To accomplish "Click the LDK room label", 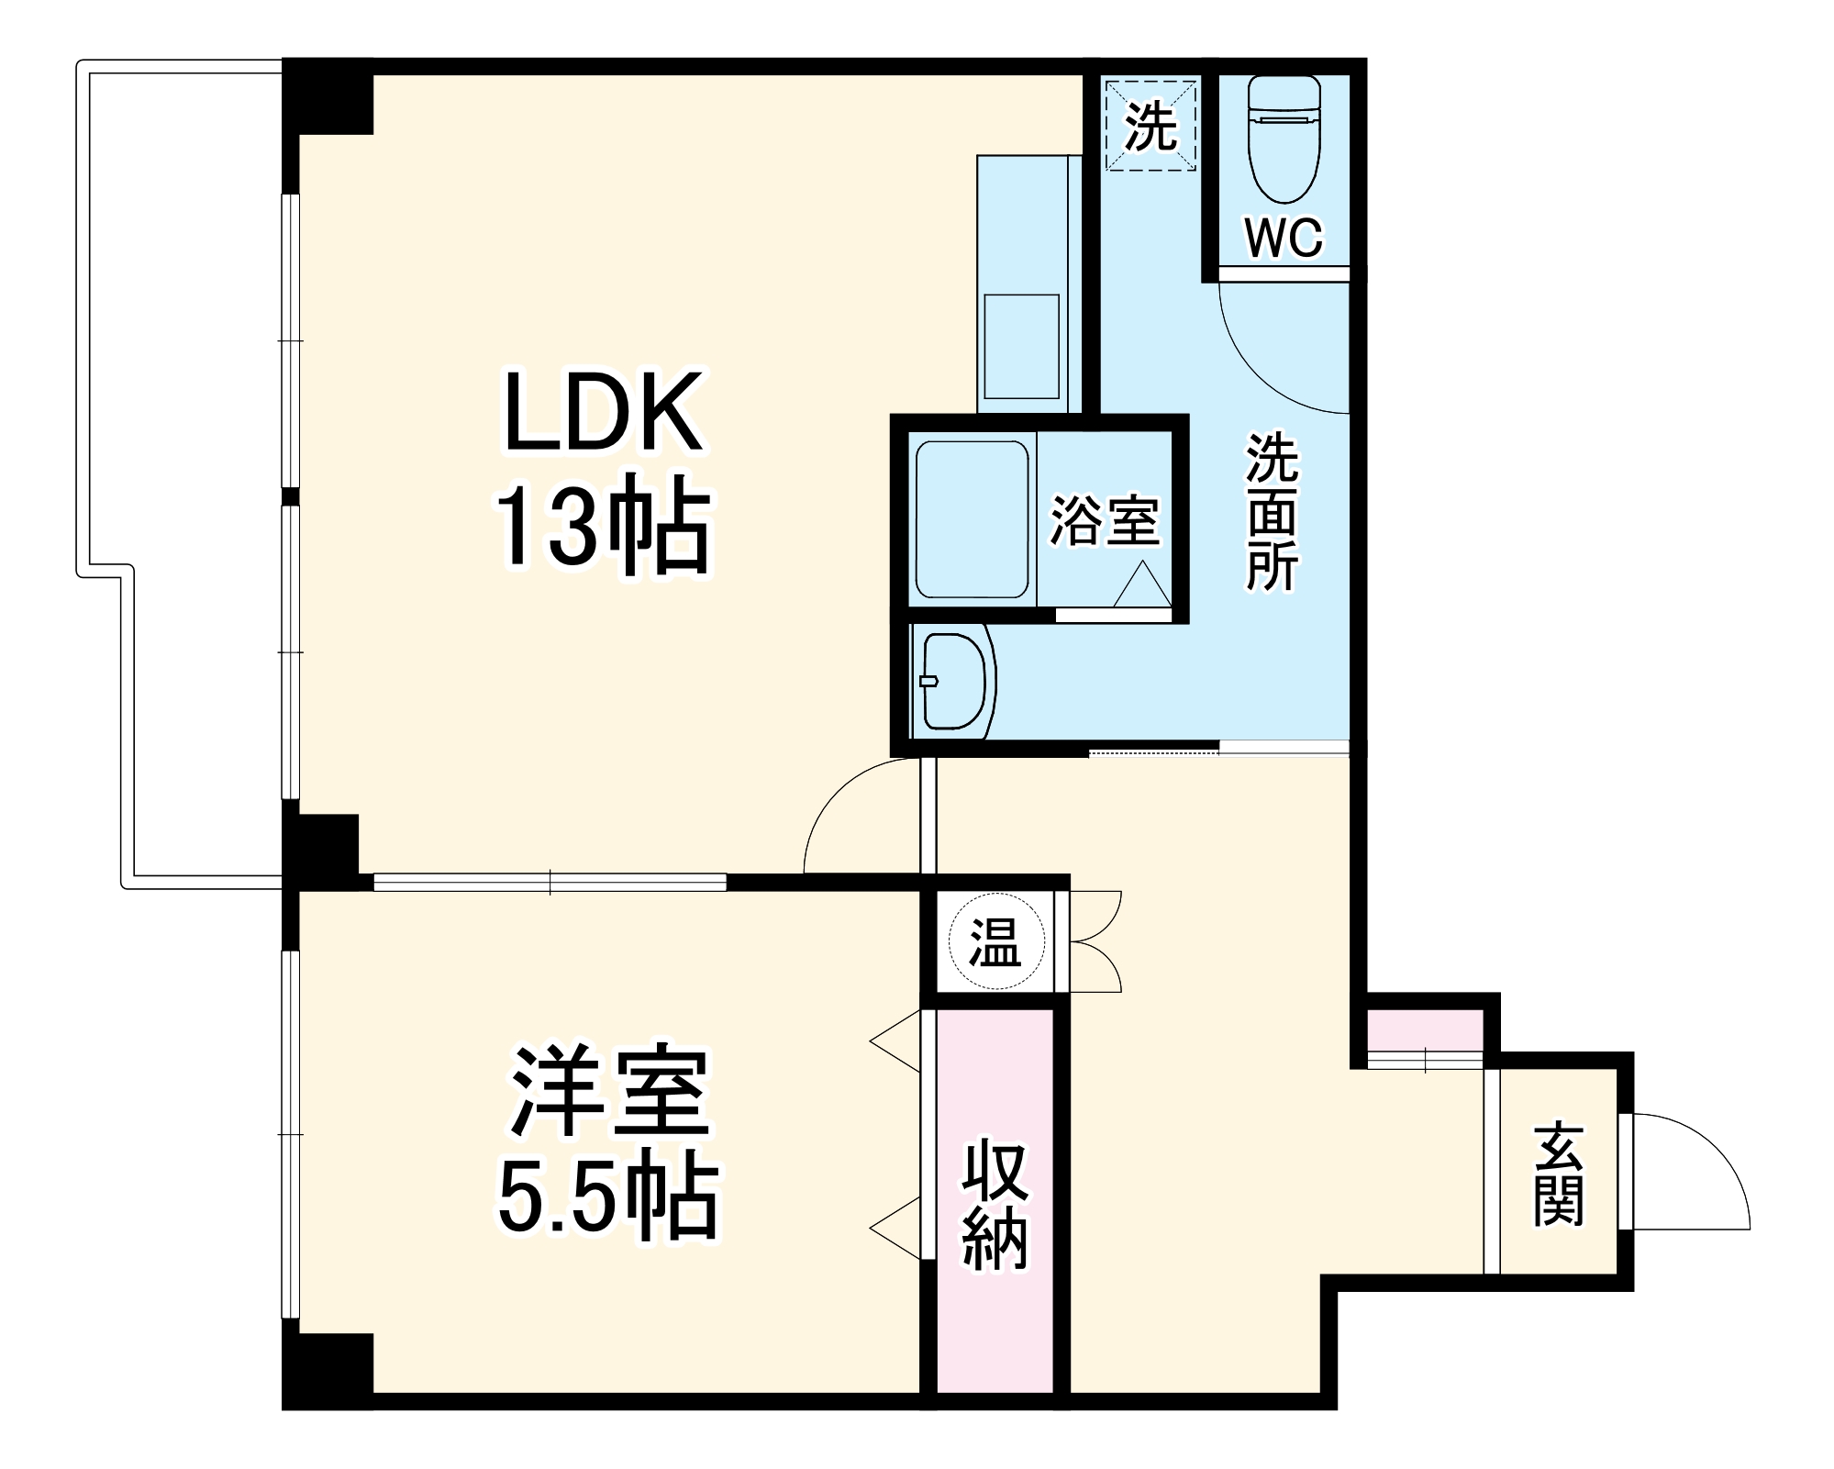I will pos(603,412).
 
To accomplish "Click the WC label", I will pos(1284,239).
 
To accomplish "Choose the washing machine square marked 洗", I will pos(1150,126).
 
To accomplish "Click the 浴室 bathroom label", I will pos(1105,521).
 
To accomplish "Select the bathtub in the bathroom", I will pos(972,520).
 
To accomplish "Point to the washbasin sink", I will pos(954,680).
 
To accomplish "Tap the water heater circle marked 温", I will pos(995,942).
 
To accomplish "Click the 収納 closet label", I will pos(995,1203).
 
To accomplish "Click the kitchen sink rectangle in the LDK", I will pos(1021,346).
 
